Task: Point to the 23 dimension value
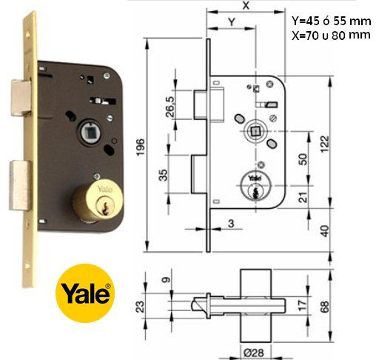coord(139,306)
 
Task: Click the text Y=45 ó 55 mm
coord(331,20)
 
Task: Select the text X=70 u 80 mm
coord(331,34)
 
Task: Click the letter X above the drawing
coord(245,5)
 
